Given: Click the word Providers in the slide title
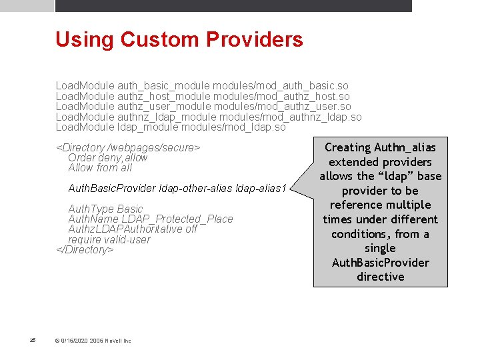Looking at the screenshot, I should [256, 39].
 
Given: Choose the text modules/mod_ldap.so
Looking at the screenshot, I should [233, 127].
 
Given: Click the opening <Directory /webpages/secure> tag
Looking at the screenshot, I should [128, 147].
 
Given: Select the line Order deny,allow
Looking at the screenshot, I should [108, 158].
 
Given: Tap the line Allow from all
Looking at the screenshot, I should [100, 168].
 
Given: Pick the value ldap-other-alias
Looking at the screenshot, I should [196, 189].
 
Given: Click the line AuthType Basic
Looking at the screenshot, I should [105, 209].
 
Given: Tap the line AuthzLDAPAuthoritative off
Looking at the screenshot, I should [133, 229].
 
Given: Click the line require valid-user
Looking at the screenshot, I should [109, 240].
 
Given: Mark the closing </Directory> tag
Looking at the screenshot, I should [85, 250].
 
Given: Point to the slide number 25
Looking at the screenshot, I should [33, 341].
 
